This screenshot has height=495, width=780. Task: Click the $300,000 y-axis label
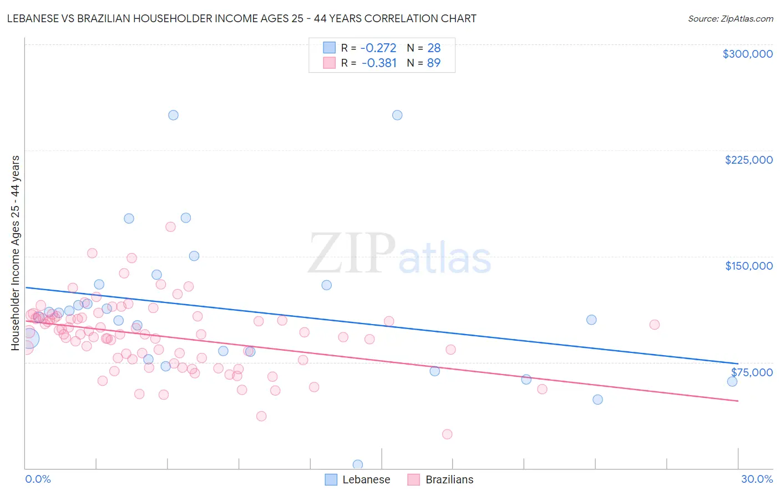(x=747, y=54)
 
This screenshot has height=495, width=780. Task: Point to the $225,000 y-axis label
(x=748, y=160)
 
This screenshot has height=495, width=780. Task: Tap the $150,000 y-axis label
(x=748, y=266)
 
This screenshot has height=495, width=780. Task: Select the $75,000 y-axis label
(x=751, y=372)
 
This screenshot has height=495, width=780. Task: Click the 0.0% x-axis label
(x=38, y=479)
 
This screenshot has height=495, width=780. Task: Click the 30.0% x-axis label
(x=757, y=479)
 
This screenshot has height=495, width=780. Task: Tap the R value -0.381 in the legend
(x=379, y=63)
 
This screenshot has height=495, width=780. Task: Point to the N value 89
(x=433, y=63)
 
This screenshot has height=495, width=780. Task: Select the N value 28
(x=433, y=48)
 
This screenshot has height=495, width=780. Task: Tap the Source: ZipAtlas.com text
(x=730, y=18)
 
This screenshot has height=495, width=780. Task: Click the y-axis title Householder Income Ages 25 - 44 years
(x=16, y=253)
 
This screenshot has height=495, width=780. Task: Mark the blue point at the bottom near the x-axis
(x=358, y=464)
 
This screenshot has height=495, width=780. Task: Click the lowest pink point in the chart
(x=447, y=434)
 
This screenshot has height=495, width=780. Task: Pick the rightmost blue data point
(x=732, y=381)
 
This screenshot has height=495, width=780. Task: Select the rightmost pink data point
(x=655, y=325)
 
